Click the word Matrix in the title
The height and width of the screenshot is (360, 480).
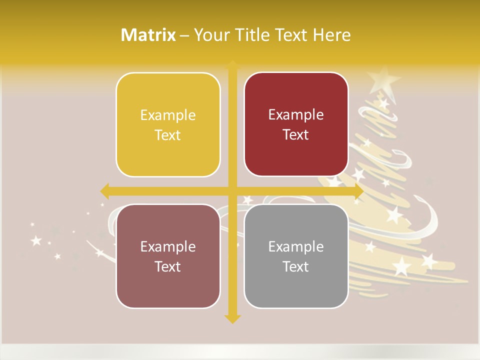(148, 35)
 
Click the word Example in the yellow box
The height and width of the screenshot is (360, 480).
(168, 115)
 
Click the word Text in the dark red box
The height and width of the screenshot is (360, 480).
(296, 135)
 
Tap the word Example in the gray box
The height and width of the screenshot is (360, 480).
(296, 246)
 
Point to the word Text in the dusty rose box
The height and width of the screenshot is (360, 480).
(168, 266)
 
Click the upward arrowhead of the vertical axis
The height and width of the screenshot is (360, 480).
(232, 64)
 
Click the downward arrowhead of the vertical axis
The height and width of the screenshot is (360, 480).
(232, 319)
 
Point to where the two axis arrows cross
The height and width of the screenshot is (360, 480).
(232, 191)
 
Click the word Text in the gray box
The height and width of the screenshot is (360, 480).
(296, 266)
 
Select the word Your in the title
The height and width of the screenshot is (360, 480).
(210, 35)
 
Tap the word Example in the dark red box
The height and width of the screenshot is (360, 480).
(296, 115)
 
